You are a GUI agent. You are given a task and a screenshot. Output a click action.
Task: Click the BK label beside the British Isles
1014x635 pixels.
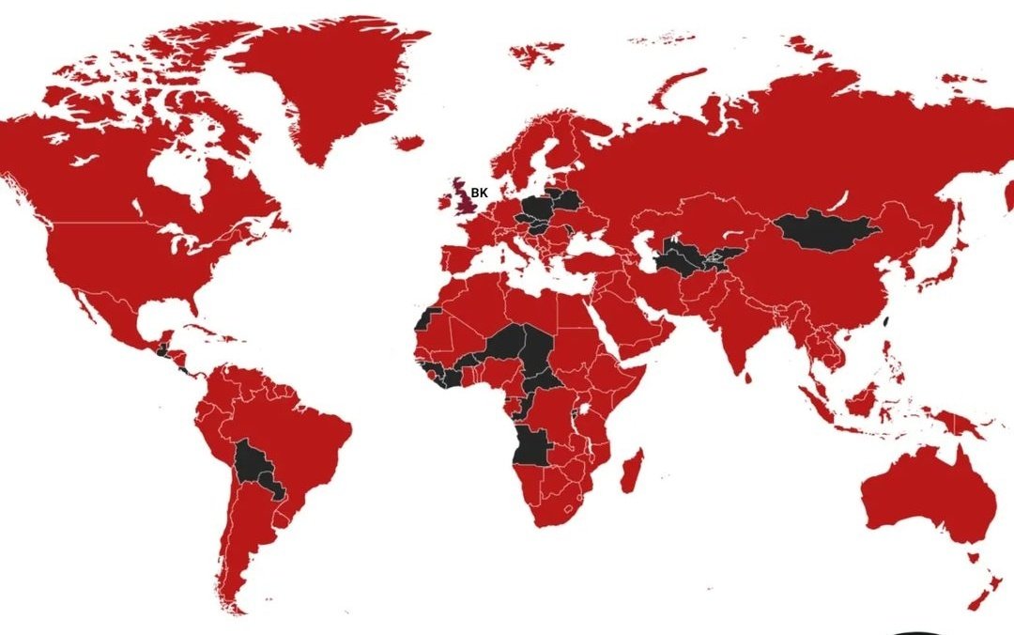pos(480,193)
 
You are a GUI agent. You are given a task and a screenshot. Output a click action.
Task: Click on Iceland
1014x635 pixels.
pos(409,143)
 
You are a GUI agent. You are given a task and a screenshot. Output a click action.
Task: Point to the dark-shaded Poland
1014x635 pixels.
pos(539,208)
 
